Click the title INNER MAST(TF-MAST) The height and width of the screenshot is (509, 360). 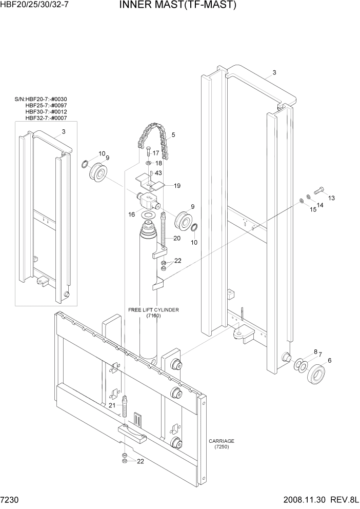(x=178, y=6)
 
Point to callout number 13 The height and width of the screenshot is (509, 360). (x=331, y=198)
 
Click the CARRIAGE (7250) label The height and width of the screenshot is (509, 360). (x=222, y=444)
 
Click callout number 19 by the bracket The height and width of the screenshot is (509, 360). (x=176, y=186)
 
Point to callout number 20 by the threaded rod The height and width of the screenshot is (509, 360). (x=177, y=238)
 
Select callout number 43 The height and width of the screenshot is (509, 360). (x=158, y=173)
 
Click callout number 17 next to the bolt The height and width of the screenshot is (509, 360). (x=156, y=153)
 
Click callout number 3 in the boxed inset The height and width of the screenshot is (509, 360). (x=64, y=132)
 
